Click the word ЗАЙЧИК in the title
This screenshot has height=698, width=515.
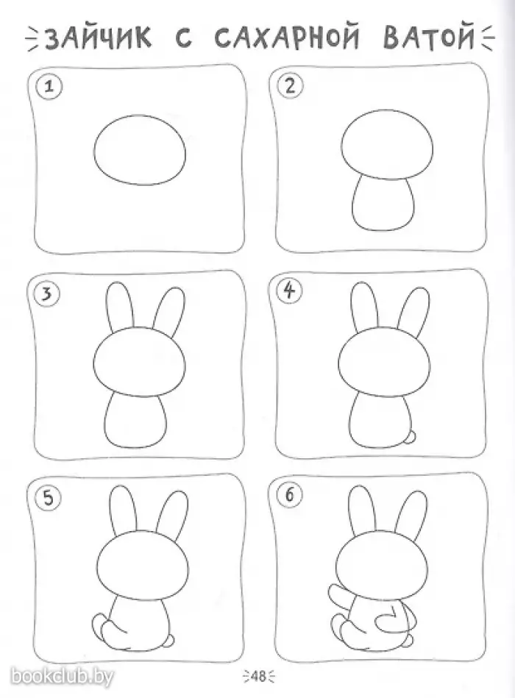(99, 37)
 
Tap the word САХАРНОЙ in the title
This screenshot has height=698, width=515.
(287, 37)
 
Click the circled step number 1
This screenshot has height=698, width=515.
(49, 86)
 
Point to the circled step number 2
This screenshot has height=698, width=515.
(290, 85)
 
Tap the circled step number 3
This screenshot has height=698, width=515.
(47, 293)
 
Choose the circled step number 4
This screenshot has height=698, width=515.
(290, 291)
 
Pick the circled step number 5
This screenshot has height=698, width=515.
(48, 498)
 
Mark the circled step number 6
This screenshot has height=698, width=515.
(290, 495)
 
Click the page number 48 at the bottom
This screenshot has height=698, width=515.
(257, 676)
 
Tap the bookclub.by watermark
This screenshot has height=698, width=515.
(62, 676)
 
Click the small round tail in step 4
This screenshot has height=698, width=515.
(413, 437)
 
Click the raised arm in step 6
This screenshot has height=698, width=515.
(341, 599)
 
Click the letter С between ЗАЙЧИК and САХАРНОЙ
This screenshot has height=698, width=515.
(183, 38)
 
